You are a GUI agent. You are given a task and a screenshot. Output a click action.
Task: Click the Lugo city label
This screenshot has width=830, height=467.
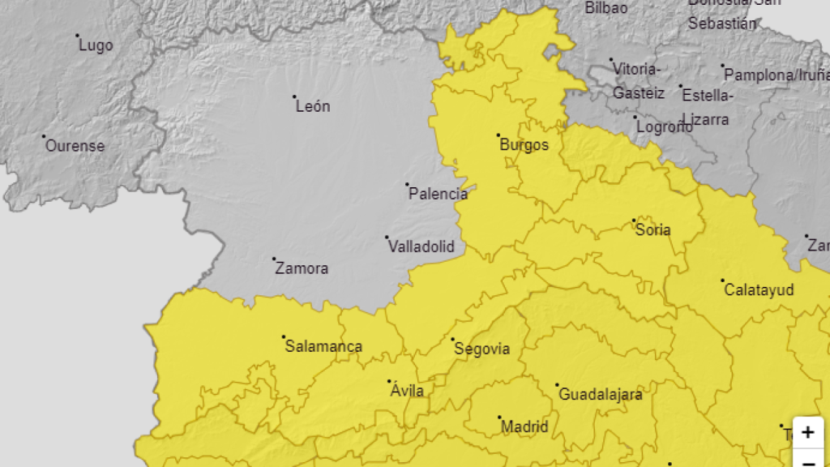pos(96,45)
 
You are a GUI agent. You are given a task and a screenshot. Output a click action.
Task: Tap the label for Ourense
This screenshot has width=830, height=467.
pos(75,146)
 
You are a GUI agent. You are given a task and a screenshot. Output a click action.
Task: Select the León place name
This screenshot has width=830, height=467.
pos(313,106)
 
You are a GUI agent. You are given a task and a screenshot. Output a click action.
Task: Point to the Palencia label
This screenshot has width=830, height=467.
pos(438,194)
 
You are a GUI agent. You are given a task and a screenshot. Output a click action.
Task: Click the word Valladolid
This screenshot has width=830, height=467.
pos(421,246)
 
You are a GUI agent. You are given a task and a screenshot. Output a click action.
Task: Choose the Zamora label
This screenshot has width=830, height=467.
pos(302,268)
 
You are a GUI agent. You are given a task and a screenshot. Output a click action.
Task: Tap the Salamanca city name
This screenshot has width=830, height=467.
pos(323,346)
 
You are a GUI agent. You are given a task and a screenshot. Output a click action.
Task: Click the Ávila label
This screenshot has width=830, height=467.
pos(407,391)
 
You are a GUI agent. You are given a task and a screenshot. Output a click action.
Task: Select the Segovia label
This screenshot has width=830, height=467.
pos(482,349)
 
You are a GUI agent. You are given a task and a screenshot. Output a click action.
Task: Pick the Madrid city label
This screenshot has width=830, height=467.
pos(524,426)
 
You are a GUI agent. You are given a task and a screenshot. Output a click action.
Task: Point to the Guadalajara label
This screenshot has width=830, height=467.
pos(601,395)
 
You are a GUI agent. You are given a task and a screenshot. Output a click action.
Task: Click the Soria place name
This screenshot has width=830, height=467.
pos(653,229)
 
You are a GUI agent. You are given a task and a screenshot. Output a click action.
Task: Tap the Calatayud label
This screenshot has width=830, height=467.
pos(759,289)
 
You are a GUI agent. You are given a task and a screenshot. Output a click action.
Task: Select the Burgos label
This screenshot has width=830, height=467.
pos(524,145)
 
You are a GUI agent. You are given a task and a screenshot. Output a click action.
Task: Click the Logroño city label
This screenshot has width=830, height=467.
pos(664,127)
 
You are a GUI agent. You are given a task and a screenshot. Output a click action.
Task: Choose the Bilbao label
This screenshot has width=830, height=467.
pos(606,8)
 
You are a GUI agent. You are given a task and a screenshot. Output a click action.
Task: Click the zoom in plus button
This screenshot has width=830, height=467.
pos(807,433)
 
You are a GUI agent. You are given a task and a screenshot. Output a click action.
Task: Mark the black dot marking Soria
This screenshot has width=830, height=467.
pos(634,221)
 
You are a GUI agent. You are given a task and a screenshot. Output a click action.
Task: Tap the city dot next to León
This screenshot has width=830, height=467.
pos(294,96)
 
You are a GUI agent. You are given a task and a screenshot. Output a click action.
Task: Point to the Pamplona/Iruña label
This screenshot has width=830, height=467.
pos(777,75)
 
